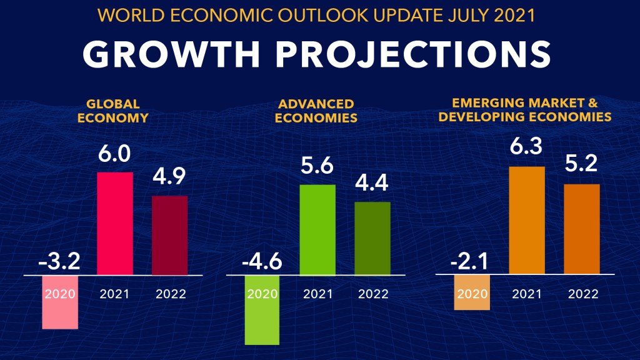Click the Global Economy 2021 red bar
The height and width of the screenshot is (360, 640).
pyautogui.click(x=116, y=223)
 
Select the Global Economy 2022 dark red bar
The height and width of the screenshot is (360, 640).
pyautogui.click(x=169, y=235)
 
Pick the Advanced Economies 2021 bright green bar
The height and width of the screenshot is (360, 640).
pyautogui.click(x=317, y=229)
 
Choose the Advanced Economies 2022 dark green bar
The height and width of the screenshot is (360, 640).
pyautogui.click(x=372, y=238)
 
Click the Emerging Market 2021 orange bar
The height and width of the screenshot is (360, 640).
pyautogui.click(x=527, y=220)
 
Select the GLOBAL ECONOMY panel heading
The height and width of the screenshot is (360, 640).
pyautogui.click(x=113, y=111)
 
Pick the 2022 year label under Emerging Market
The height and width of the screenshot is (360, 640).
pyautogui.click(x=582, y=294)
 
